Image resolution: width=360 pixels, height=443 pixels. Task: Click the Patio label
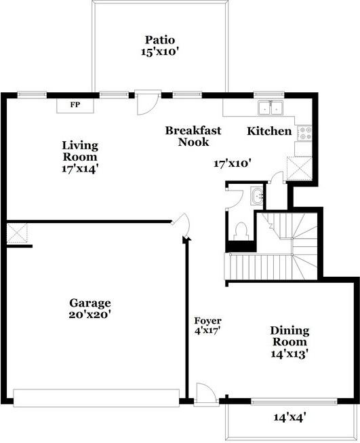[x=160, y=40]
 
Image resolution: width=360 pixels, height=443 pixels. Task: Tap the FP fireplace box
[x=75, y=105]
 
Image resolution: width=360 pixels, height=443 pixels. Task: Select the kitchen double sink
[x=271, y=108]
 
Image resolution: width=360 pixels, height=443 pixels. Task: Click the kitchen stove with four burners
[x=304, y=133]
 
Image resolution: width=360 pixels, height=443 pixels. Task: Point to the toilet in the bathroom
[x=241, y=231]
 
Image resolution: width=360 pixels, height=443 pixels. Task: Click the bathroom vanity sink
[x=257, y=195]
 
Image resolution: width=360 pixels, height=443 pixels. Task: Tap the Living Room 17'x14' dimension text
[x=80, y=169]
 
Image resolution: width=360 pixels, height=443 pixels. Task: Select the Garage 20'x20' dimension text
[x=89, y=314]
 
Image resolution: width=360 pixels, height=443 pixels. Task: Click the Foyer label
[x=208, y=321]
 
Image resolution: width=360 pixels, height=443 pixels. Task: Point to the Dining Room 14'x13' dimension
[x=289, y=353]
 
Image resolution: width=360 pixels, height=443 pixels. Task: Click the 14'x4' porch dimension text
[x=290, y=417]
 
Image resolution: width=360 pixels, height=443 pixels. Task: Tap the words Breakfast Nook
[x=193, y=136]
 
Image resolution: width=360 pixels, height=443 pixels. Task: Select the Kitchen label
[x=269, y=131]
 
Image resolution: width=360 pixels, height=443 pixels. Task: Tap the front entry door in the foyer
[x=206, y=394]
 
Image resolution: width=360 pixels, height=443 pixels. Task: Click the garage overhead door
[x=96, y=398]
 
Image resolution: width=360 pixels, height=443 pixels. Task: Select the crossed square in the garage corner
[x=17, y=233]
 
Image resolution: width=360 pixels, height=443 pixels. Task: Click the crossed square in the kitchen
[x=299, y=168]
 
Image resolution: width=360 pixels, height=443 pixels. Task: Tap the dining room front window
[x=294, y=401]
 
